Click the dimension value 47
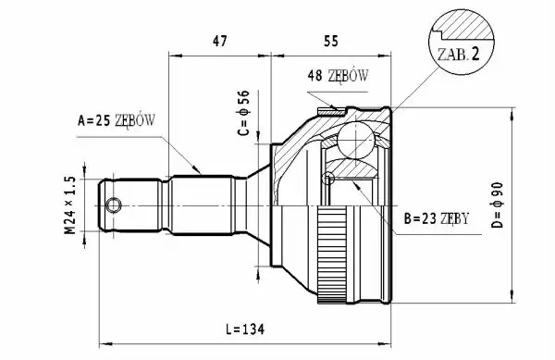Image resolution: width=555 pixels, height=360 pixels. pyautogui.click(x=219, y=41)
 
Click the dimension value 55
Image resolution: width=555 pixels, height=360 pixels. pyautogui.click(x=331, y=41)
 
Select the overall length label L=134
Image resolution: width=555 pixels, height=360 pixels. pyautogui.click(x=245, y=329)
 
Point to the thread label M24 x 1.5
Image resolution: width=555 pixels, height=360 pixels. pyautogui.click(x=70, y=205)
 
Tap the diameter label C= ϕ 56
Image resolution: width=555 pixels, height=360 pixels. pyautogui.click(x=243, y=113)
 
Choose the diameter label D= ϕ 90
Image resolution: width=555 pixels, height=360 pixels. pyautogui.click(x=498, y=205)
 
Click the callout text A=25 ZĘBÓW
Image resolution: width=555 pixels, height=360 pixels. pyautogui.click(x=117, y=120)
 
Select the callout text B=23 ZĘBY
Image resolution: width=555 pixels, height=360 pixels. pyautogui.click(x=437, y=218)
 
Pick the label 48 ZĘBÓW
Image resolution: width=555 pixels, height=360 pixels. pyautogui.click(x=338, y=75)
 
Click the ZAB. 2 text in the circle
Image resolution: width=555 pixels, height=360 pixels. pyautogui.click(x=459, y=55)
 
